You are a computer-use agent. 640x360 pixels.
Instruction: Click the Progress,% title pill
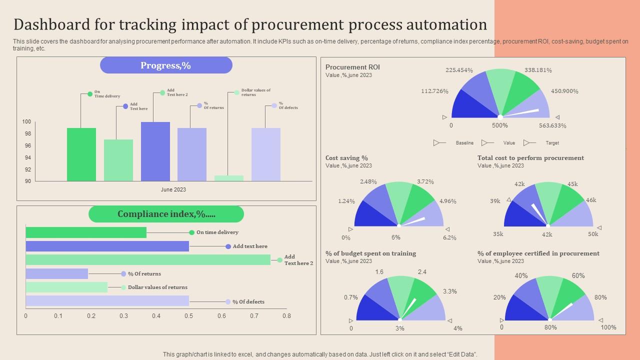(166, 65)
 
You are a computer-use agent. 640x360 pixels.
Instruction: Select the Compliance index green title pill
(166, 214)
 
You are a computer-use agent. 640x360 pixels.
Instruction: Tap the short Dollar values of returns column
(229, 178)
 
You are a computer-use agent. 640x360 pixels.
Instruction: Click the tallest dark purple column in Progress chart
(155, 151)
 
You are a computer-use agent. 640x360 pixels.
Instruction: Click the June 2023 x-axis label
(173, 190)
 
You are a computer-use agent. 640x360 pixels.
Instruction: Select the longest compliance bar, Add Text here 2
(148, 259)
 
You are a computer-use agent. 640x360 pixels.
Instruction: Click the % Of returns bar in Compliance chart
(56, 273)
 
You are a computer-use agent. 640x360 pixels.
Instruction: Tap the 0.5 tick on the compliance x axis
(189, 316)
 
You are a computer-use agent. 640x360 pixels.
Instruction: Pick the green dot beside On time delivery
(191, 232)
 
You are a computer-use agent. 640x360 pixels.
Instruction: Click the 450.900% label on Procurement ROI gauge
(564, 91)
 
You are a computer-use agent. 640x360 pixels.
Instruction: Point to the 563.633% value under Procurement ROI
(552, 126)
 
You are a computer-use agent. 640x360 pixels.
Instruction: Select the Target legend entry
(552, 143)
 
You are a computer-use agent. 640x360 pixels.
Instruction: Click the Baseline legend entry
(464, 143)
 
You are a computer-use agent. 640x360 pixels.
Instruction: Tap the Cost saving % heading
(346, 158)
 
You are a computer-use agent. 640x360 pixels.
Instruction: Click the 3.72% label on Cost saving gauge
(425, 182)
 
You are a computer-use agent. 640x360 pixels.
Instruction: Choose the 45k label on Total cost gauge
(572, 184)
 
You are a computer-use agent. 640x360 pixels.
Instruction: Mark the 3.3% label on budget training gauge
(449, 291)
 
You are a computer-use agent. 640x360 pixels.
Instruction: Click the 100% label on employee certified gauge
(608, 327)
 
